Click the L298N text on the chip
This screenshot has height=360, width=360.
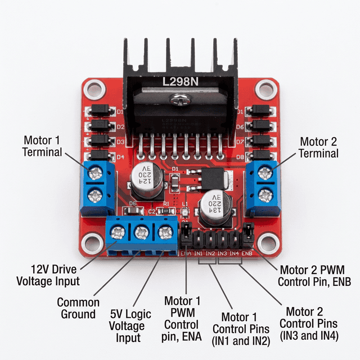pyautogui.click(x=180, y=82)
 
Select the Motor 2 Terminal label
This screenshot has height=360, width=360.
pyautogui.click(x=318, y=147)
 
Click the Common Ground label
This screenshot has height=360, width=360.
pyautogui.click(x=78, y=308)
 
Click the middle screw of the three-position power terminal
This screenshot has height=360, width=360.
pyautogui.click(x=141, y=231)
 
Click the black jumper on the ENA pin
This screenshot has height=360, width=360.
pyautogui.click(x=185, y=234)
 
